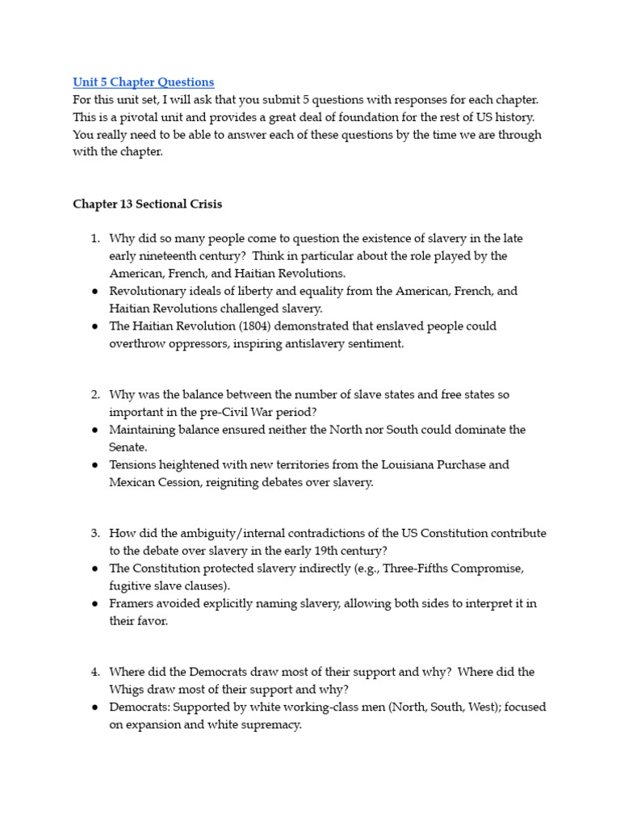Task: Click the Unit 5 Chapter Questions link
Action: coord(143,82)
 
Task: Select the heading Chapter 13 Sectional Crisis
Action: coord(147,204)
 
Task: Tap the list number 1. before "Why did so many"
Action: coord(94,238)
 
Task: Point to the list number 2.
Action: coord(94,394)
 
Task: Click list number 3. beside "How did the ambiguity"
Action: coord(94,533)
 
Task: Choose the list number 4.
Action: coord(94,672)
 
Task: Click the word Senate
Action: coord(128,447)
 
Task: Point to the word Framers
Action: coord(132,603)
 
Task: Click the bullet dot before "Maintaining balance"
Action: coord(94,430)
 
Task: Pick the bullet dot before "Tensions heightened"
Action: coord(94,464)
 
